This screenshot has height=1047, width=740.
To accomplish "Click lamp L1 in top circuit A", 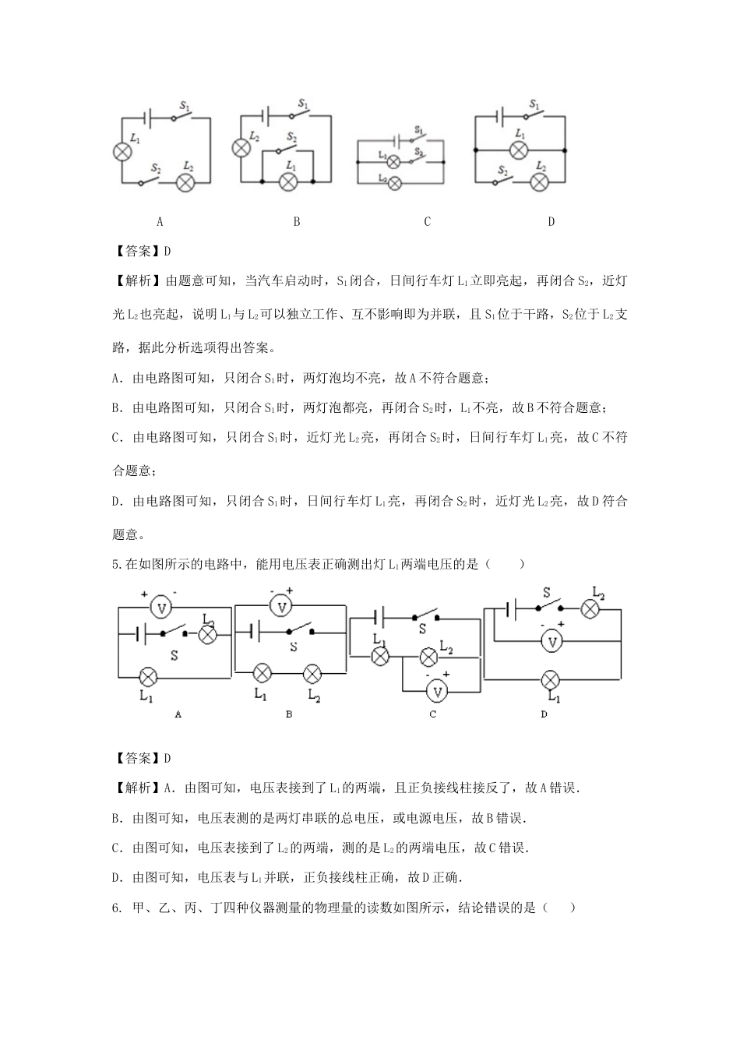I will tap(122, 151).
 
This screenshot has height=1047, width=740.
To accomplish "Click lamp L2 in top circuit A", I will tap(185, 182).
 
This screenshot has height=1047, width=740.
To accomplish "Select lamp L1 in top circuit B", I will tap(289, 182).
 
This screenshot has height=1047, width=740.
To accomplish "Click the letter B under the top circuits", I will tap(297, 222).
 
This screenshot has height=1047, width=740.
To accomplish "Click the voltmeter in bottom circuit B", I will tap(283, 605).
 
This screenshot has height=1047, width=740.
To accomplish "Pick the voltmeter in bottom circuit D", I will tap(552, 640).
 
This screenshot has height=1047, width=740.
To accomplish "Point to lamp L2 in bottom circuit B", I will tap(312, 673).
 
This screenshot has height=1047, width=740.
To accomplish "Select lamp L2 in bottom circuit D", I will tap(592, 609).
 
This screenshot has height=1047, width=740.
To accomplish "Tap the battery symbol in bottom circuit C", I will tap(378, 618).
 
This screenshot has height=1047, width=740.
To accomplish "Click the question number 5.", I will tap(116, 565).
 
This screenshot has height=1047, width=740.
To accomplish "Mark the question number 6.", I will tap(116, 908).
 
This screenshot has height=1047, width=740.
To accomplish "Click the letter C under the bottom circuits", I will tap(433, 714).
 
